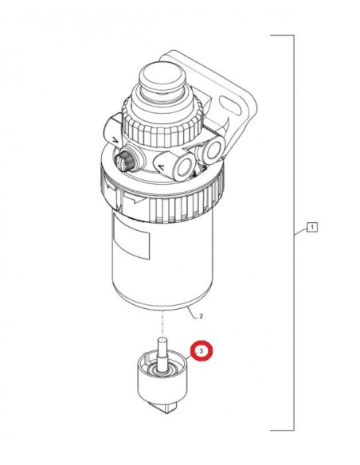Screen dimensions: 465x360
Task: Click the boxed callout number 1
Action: coord(313,229)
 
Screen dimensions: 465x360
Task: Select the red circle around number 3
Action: coord(202,350)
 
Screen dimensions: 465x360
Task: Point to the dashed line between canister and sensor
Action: coord(163,325)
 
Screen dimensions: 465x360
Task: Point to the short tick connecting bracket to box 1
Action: coord(300,229)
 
